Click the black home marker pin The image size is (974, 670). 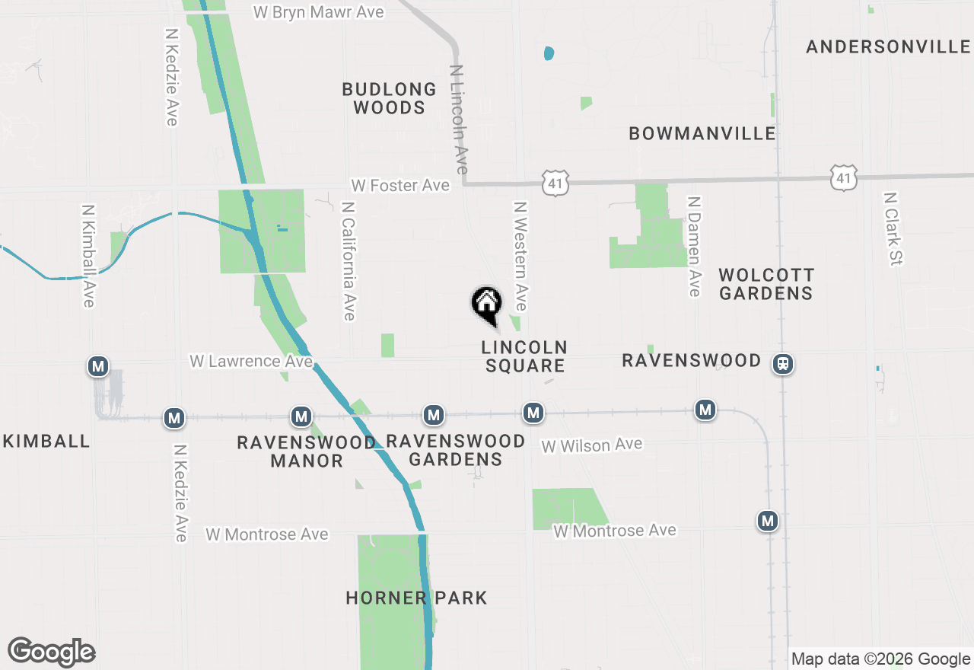point(487,305)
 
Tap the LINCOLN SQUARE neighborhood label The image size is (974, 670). point(524,356)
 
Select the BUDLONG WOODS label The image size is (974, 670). point(389,98)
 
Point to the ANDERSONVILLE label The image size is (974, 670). point(888,47)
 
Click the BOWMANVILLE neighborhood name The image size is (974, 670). point(702,133)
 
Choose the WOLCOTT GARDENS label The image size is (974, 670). point(766,283)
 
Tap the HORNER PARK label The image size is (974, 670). point(416,598)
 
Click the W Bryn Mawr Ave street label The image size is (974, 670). point(317,12)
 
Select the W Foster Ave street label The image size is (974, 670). point(399,186)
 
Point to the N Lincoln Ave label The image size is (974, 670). point(459,119)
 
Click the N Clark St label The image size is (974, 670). point(892,228)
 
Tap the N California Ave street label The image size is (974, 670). point(349,260)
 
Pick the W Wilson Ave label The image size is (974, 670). point(591,445)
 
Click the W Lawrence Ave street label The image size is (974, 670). point(251,361)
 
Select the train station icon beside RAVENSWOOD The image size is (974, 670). point(782,364)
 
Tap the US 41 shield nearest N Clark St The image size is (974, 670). point(844,177)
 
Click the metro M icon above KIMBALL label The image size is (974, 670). point(97,367)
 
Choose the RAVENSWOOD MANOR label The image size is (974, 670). point(306,451)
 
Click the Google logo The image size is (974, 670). point(51,652)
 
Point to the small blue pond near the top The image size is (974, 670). point(549,54)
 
